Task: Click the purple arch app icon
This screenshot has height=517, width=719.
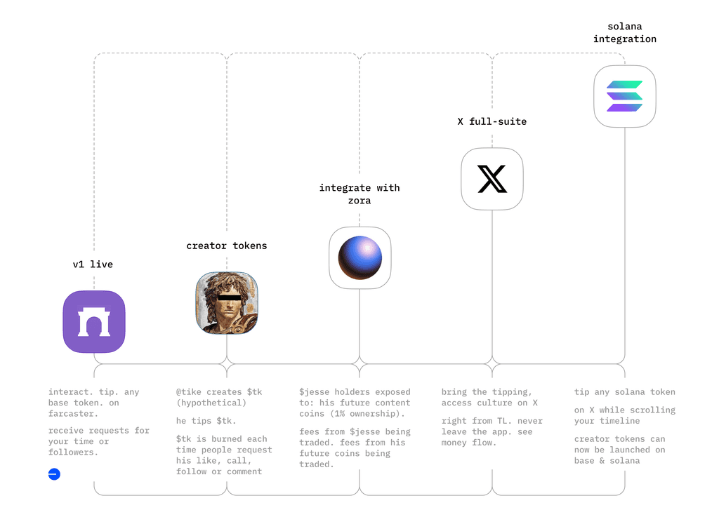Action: click(94, 322)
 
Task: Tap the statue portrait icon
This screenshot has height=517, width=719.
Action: click(227, 303)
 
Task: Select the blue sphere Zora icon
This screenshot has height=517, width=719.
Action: click(359, 257)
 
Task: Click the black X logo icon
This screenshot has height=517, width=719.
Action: click(492, 179)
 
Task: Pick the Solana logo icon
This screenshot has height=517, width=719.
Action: click(624, 97)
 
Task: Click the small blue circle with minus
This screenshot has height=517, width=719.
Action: click(54, 474)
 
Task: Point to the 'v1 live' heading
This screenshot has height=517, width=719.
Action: click(93, 264)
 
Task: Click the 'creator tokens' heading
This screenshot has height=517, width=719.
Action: click(227, 246)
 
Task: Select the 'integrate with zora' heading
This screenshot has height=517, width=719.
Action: click(359, 194)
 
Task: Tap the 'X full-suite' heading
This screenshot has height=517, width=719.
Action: click(492, 121)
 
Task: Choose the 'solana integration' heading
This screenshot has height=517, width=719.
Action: click(624, 32)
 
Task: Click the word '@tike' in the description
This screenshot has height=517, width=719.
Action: click(190, 392)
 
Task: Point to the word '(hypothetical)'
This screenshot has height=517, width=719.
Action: click(211, 403)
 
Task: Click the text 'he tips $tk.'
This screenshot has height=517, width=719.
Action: click(206, 421)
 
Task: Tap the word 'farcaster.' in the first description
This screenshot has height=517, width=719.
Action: click(74, 414)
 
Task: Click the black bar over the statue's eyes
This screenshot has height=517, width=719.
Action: click(229, 297)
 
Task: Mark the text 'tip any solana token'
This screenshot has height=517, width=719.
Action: click(624, 392)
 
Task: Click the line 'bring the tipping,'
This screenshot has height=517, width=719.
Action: click(487, 392)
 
